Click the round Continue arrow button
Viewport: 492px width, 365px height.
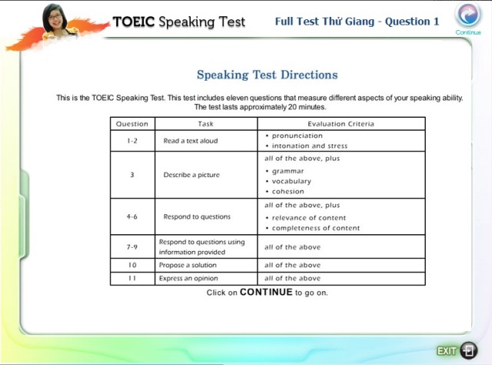click(468, 15)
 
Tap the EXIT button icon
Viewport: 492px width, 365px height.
click(469, 350)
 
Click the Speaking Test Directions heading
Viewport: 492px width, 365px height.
click(268, 75)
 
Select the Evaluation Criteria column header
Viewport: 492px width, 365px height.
click(341, 124)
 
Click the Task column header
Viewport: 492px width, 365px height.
click(206, 124)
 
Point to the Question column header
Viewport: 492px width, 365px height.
click(132, 124)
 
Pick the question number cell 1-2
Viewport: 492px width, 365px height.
click(132, 141)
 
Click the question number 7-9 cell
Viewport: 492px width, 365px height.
click(132, 247)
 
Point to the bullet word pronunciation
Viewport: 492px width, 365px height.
click(298, 136)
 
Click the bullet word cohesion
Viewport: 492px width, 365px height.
click(288, 192)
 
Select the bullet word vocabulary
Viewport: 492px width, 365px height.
click(291, 182)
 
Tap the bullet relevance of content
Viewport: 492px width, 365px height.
click(309, 218)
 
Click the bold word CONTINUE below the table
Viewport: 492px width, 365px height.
click(266, 292)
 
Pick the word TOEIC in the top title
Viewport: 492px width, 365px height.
click(134, 22)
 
